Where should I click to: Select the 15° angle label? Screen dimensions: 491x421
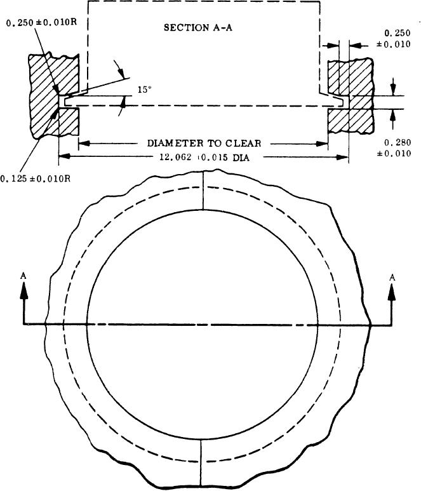tap(145, 90)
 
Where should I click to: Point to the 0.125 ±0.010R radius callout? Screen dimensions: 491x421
tap(35, 178)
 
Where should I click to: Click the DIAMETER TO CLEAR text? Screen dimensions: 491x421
tap(203, 144)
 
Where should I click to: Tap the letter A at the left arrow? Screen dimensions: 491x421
tap(24, 276)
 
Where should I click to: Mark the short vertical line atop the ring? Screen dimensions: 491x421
tap(202, 191)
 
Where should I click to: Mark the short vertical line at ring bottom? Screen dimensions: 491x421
tap(201, 453)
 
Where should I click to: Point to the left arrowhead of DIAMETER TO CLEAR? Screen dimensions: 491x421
tap(83, 144)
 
